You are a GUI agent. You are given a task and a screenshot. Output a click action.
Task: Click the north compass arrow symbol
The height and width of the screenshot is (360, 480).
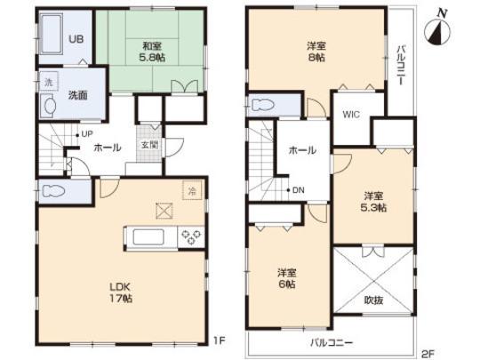coord(437,33)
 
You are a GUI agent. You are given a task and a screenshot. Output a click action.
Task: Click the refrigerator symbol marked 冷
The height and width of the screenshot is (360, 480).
coord(190,188)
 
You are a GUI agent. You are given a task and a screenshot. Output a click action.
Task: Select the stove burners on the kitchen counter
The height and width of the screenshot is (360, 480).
coord(190,236)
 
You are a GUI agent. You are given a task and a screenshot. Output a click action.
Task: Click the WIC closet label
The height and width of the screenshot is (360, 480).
coord(350,114)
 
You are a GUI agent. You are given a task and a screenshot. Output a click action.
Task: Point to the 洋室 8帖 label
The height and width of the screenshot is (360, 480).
coord(316,51)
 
